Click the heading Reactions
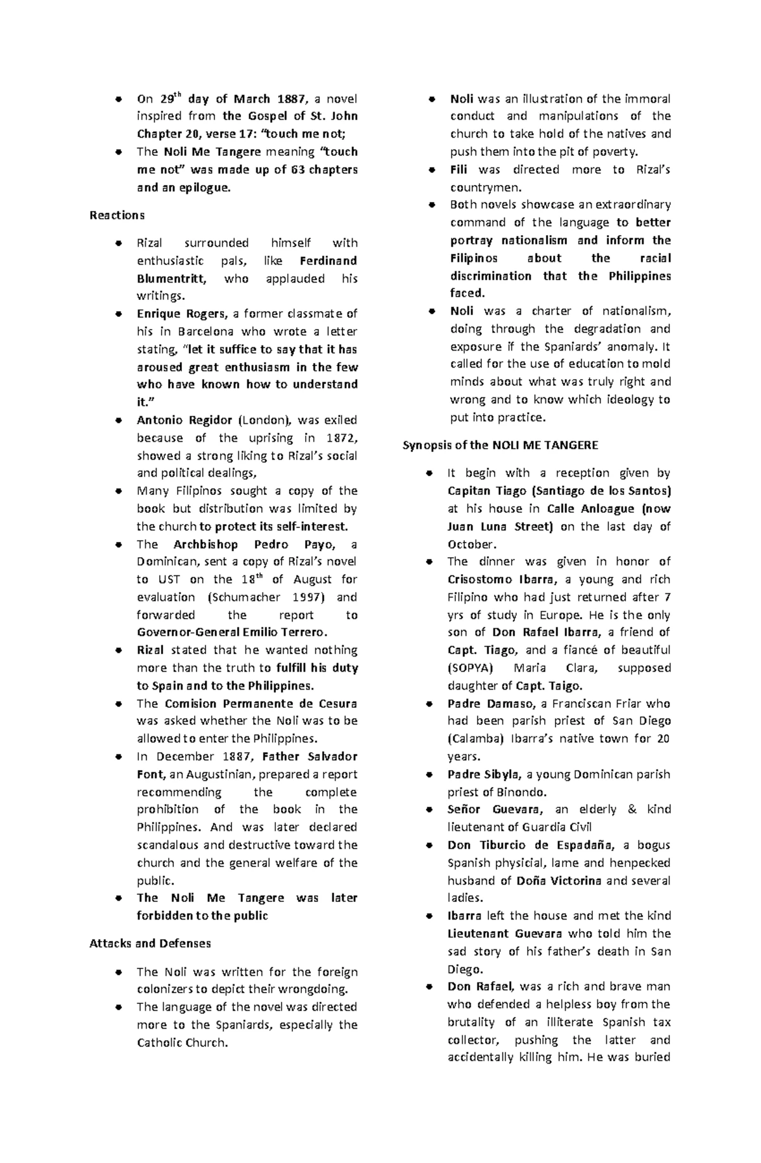pyautogui.click(x=117, y=215)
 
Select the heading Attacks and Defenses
pyautogui.click(x=150, y=943)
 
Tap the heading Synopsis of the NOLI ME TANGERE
pyautogui.click(x=500, y=445)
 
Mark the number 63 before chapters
pyautogui.click(x=297, y=170)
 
